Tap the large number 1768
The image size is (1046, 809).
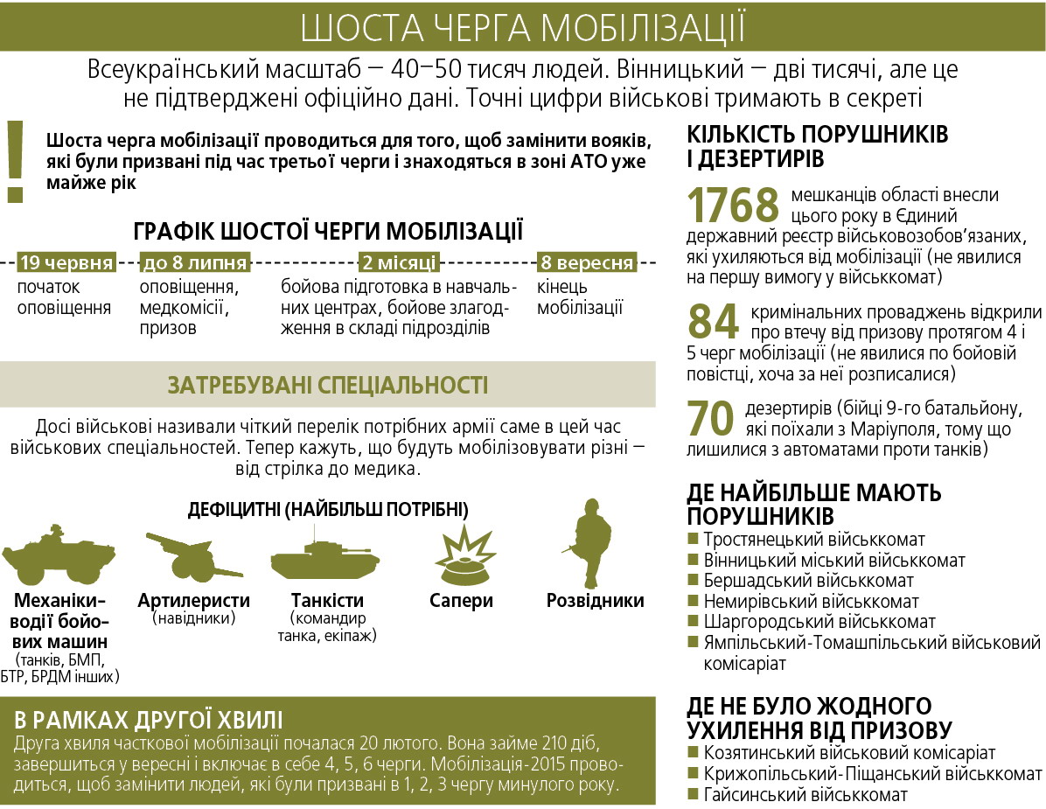pos(733,206)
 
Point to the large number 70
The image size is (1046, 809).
pos(710,418)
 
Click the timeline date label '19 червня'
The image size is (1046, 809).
pos(66,262)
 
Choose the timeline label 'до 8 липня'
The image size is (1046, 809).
pos(195,262)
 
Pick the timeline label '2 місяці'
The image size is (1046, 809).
pos(400,262)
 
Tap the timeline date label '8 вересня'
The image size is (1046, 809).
pos(586,262)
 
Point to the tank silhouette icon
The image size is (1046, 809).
pos(324,561)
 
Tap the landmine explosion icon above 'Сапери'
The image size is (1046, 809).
pos(460,556)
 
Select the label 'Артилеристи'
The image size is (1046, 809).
pos(193,601)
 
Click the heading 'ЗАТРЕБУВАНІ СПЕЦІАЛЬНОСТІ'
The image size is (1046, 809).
pos(328,385)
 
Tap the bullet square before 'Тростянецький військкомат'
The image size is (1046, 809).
pos(694,540)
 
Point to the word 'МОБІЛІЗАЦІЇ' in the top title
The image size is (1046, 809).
pos(644,27)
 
